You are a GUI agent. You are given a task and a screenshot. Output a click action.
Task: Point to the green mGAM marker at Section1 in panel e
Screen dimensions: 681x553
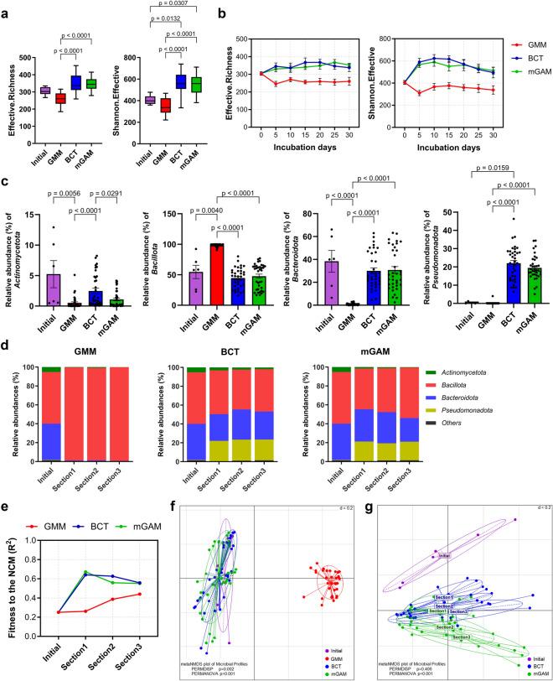(85, 572)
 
